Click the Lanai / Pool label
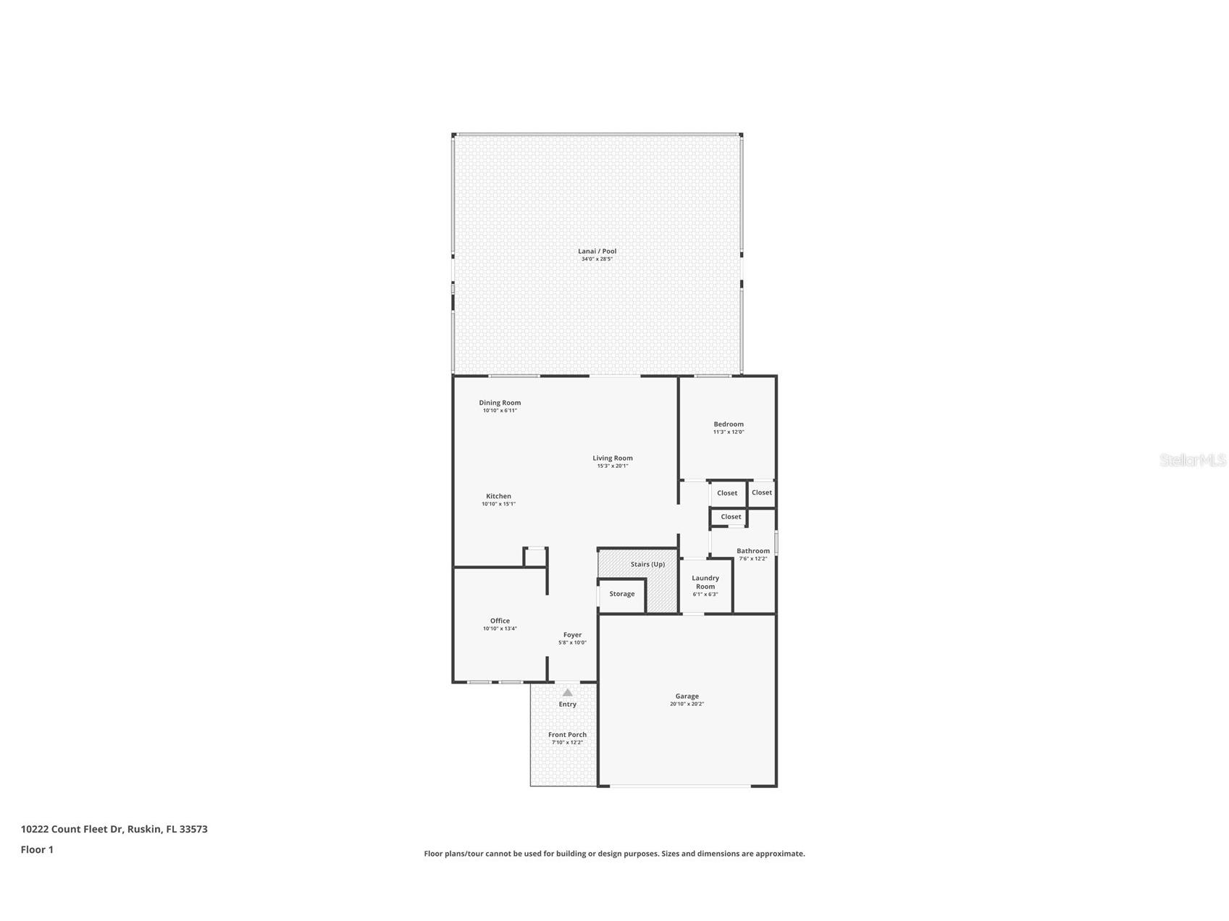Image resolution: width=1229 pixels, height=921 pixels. click(597, 251)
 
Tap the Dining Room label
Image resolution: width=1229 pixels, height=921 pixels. click(500, 403)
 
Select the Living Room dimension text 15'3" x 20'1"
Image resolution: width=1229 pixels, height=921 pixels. click(612, 466)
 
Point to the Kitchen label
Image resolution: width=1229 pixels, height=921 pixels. click(498, 496)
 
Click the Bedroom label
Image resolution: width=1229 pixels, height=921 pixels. click(728, 424)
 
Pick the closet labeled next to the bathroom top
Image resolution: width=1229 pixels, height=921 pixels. click(731, 517)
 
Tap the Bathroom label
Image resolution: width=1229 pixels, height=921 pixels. click(752, 551)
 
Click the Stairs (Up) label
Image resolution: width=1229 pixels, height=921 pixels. click(647, 564)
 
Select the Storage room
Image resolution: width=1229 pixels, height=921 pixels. click(621, 594)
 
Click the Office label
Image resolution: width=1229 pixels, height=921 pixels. click(500, 621)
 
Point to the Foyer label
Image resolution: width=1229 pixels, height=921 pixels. click(572, 635)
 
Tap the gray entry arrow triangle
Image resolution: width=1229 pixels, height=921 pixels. click(567, 692)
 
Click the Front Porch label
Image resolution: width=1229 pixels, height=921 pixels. click(567, 735)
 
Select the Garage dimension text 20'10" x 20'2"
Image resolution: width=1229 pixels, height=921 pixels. click(687, 704)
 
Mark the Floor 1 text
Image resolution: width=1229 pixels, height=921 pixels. click(37, 850)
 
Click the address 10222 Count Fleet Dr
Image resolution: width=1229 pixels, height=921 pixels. click(114, 829)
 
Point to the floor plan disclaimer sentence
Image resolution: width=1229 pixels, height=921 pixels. click(614, 854)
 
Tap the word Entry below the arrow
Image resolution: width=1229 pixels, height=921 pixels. click(567, 705)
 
